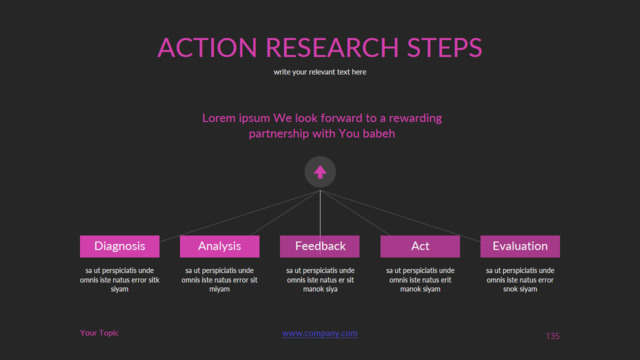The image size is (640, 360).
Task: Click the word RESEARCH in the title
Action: (332, 47)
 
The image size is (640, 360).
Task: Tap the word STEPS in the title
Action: (444, 47)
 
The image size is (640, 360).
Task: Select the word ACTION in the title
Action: (207, 47)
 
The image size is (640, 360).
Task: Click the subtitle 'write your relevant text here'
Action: (320, 72)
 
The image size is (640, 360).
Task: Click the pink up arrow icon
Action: (320, 172)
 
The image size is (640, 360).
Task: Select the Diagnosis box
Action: (120, 246)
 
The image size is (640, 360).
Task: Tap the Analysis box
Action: (220, 246)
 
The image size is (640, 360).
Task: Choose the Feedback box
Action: (320, 246)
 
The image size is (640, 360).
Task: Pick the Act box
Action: (420, 246)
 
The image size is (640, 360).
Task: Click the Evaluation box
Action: (520, 246)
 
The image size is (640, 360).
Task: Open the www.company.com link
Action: (320, 333)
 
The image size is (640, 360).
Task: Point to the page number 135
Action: (553, 336)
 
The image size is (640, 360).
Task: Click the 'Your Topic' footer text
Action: (99, 333)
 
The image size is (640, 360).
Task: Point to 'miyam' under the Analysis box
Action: (220, 289)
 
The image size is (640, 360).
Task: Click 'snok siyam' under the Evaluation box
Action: (520, 289)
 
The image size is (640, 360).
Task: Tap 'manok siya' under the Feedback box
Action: (320, 289)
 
